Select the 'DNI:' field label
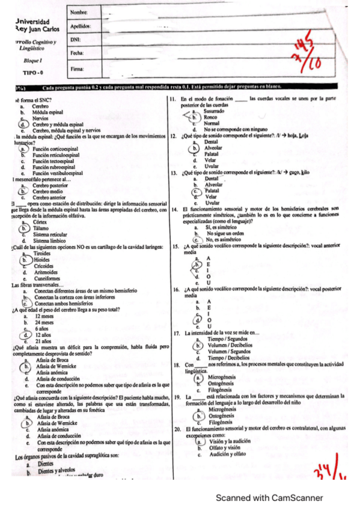click(x=76, y=40)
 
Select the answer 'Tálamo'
click(x=41, y=228)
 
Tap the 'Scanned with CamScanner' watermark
click(x=269, y=498)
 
